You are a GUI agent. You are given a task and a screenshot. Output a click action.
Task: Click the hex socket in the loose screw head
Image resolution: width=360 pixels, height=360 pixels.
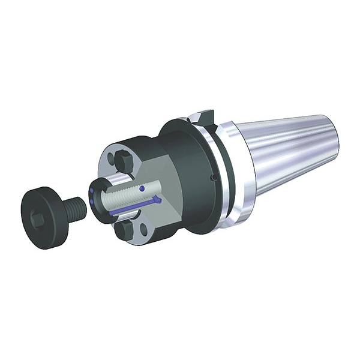[37, 220]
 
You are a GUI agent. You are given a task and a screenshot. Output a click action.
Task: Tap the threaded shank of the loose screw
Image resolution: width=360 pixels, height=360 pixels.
[74, 208]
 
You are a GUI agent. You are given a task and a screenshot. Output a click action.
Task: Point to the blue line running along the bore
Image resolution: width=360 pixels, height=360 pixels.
[135, 206]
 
